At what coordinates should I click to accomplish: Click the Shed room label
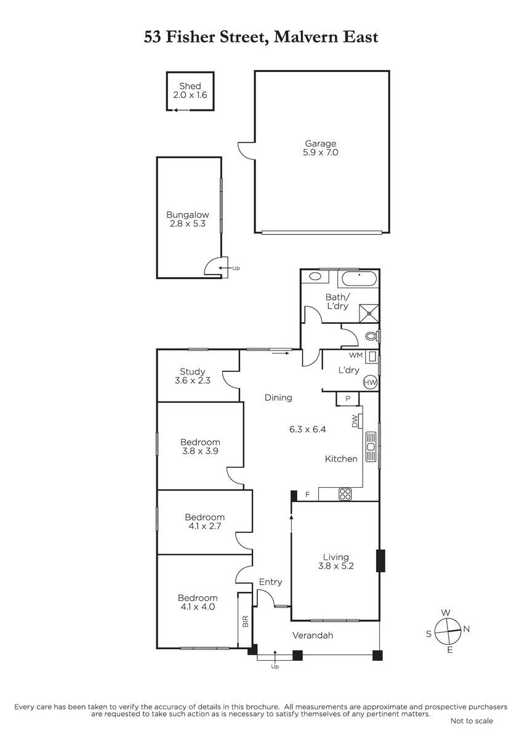(x=190, y=86)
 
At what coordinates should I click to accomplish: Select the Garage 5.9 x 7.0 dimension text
(x=321, y=153)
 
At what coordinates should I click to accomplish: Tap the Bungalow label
(x=188, y=215)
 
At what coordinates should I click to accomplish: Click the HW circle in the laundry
(x=370, y=382)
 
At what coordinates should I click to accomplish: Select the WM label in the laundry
(x=356, y=355)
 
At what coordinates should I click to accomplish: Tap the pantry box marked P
(x=348, y=398)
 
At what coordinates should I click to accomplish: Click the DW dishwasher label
(x=355, y=421)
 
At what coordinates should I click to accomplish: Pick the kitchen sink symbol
(x=371, y=446)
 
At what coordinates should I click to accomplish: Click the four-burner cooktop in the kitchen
(x=345, y=494)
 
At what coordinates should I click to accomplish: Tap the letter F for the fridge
(x=308, y=494)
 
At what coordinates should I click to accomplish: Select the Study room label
(x=193, y=372)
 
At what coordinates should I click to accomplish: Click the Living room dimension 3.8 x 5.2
(x=336, y=566)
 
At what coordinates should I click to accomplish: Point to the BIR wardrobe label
(x=245, y=621)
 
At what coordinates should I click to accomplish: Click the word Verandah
(x=313, y=635)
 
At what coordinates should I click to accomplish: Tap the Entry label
(x=270, y=582)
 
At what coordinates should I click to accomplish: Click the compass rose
(x=448, y=631)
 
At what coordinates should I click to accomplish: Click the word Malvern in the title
(x=307, y=37)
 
